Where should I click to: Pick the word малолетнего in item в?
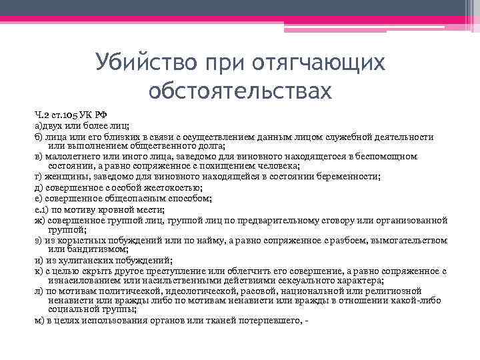(x=74, y=156)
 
